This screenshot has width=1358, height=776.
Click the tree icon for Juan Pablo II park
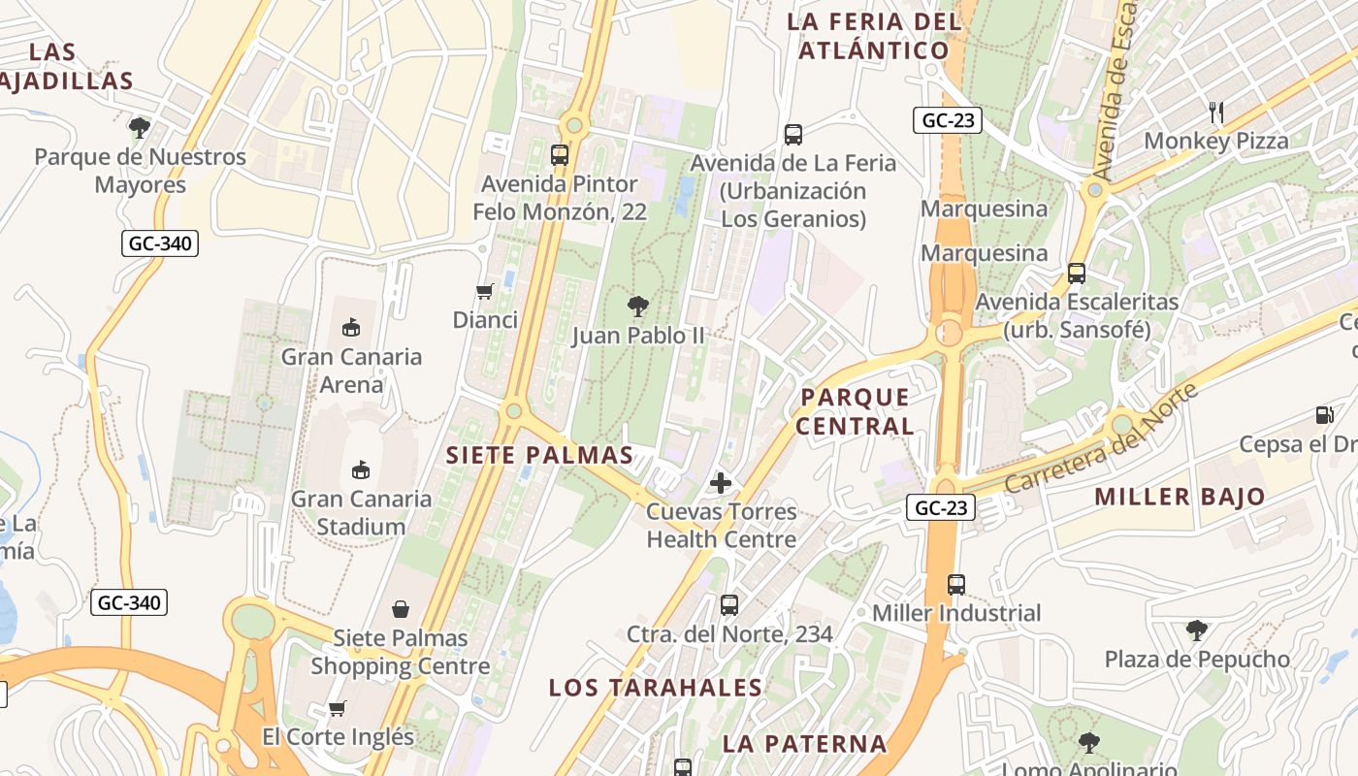click(637, 307)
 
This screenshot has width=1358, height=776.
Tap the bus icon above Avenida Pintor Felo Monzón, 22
click(560, 155)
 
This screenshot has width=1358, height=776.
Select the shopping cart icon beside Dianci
click(484, 291)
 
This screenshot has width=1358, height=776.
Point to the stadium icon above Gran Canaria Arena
click(351, 328)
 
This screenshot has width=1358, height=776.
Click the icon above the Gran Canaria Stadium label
click(361, 469)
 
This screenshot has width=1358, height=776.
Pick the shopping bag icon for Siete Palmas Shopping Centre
click(400, 609)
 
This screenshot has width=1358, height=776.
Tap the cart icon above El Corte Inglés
click(337, 708)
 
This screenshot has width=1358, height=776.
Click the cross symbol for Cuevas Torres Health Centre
click(721, 482)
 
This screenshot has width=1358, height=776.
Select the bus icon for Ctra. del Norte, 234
click(729, 605)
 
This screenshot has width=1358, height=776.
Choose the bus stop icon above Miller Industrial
click(956, 584)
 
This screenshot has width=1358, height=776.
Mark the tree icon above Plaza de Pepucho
click(1197, 630)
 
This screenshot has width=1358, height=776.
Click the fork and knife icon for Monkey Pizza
click(1216, 113)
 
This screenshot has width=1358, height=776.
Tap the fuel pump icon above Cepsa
click(1324, 415)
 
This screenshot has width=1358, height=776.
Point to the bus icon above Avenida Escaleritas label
click(1077, 274)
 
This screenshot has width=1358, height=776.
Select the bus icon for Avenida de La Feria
click(793, 135)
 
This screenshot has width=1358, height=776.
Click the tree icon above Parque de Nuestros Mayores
click(140, 127)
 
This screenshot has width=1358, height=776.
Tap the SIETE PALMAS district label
click(539, 455)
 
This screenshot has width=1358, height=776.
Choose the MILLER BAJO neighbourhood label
click(1180, 497)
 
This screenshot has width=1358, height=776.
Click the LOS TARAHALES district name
click(656, 688)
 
